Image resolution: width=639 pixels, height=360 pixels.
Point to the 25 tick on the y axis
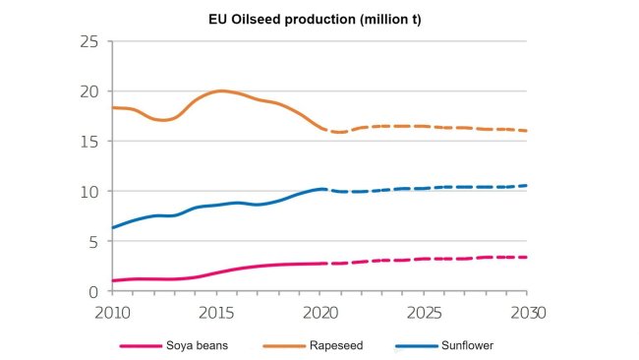click(90, 41)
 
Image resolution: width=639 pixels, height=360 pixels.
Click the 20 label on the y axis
click(90, 91)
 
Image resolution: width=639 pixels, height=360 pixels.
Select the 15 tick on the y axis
click(90, 142)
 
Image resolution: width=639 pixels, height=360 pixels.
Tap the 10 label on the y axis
click(90, 192)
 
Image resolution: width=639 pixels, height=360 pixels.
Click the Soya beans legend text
click(203, 346)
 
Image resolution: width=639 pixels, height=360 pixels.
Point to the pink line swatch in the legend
click(140, 346)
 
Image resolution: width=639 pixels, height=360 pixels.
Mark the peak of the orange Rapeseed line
click(220, 90)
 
